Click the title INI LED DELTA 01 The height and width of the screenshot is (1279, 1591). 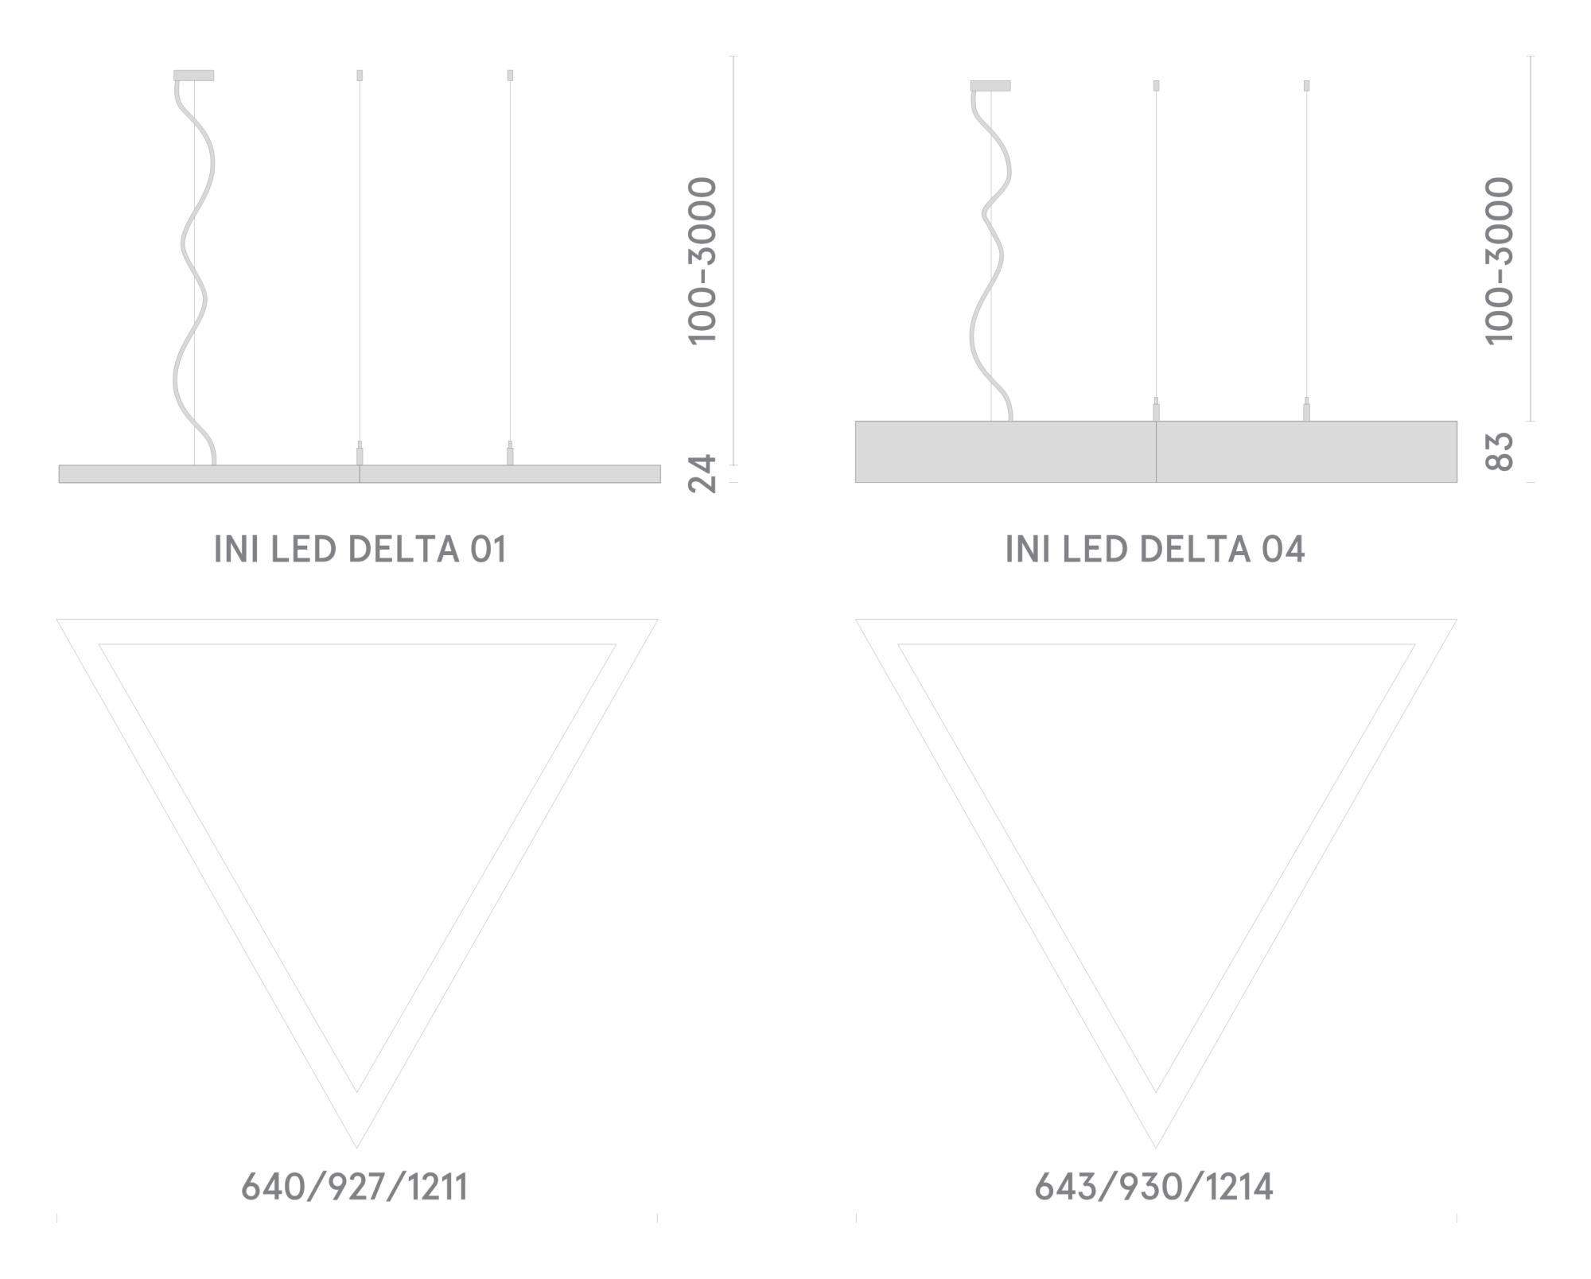(x=360, y=550)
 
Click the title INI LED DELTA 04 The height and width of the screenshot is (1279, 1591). (x=1155, y=550)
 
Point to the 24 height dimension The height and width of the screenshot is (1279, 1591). (x=702, y=473)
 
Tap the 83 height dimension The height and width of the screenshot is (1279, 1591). (x=1499, y=452)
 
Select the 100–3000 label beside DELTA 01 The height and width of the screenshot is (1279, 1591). (x=702, y=261)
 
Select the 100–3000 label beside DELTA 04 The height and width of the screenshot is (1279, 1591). (x=1499, y=261)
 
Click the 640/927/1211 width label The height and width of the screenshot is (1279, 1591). (x=355, y=1188)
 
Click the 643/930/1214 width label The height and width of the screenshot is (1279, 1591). (x=1153, y=1188)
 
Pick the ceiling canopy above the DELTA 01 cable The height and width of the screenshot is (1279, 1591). (x=194, y=76)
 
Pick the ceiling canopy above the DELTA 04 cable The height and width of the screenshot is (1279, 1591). (x=990, y=86)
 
